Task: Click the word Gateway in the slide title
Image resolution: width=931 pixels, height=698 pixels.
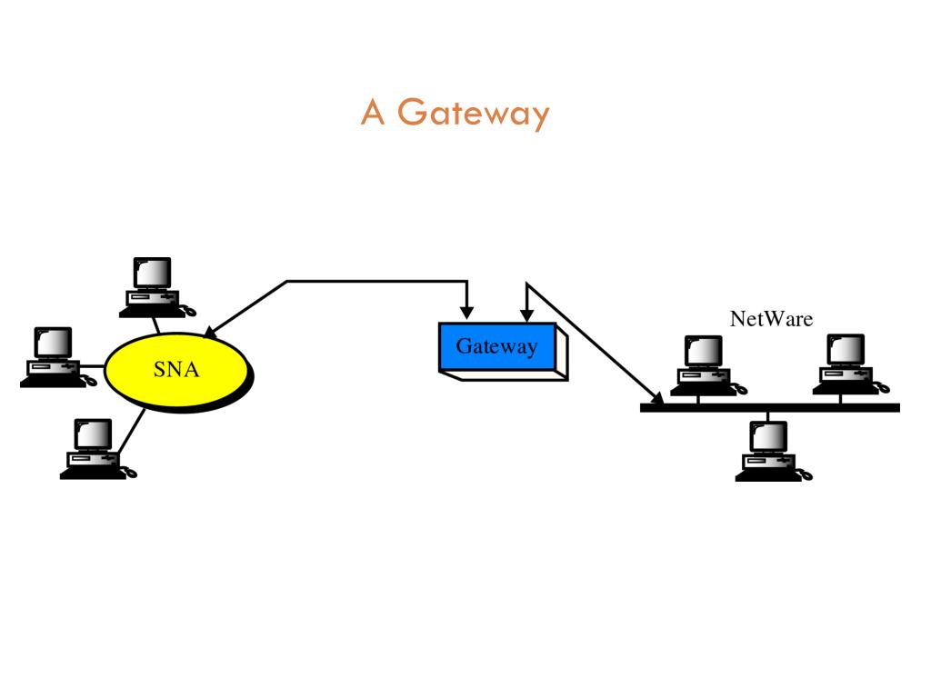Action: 474,114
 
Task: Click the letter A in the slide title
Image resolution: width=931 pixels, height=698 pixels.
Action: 374,112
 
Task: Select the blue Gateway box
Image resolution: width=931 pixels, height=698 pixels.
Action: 496,346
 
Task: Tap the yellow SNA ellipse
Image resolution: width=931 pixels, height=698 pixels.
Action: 176,370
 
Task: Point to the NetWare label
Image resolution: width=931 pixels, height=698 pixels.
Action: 771,318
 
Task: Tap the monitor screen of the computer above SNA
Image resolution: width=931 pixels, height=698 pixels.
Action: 154,272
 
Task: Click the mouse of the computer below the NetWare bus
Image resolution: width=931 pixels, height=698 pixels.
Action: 806,474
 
